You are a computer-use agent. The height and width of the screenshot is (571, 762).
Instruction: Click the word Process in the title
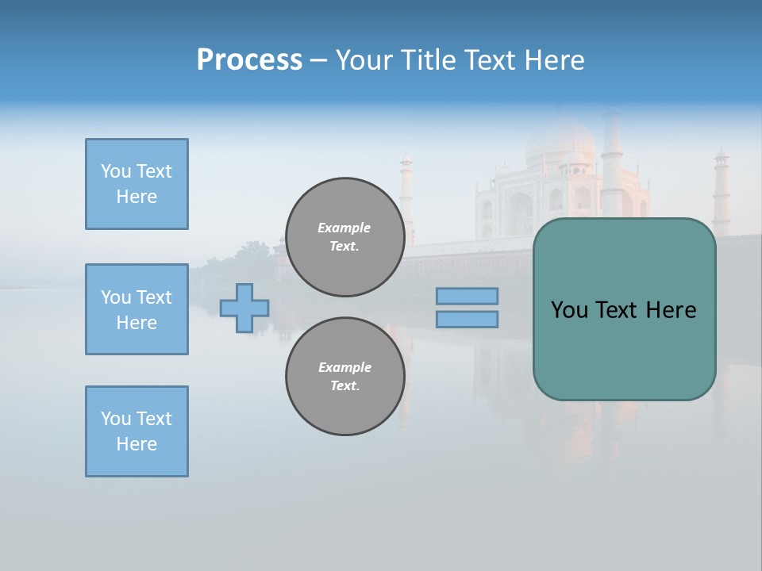[249, 60]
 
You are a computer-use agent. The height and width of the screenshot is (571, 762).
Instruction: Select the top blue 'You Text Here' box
[137, 184]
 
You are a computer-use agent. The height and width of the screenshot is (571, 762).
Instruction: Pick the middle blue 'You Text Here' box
[137, 309]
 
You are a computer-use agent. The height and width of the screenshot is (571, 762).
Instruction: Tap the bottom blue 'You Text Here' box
[137, 431]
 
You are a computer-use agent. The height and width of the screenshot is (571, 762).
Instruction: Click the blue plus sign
[244, 308]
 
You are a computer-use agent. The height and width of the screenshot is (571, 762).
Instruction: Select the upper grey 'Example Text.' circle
[344, 237]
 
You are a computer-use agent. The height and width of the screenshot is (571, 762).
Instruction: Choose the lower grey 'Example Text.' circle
[344, 377]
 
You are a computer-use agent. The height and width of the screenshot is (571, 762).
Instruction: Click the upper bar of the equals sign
[467, 296]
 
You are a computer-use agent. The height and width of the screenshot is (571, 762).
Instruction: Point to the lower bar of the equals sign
[467, 319]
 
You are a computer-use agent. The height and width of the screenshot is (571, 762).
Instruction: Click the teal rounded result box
[624, 349]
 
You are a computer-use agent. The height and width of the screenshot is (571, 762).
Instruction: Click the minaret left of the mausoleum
[406, 198]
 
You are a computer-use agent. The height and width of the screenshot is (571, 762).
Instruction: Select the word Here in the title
[556, 60]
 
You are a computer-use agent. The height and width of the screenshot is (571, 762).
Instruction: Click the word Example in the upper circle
[344, 228]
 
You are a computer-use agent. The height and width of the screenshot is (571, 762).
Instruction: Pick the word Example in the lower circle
[344, 367]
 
